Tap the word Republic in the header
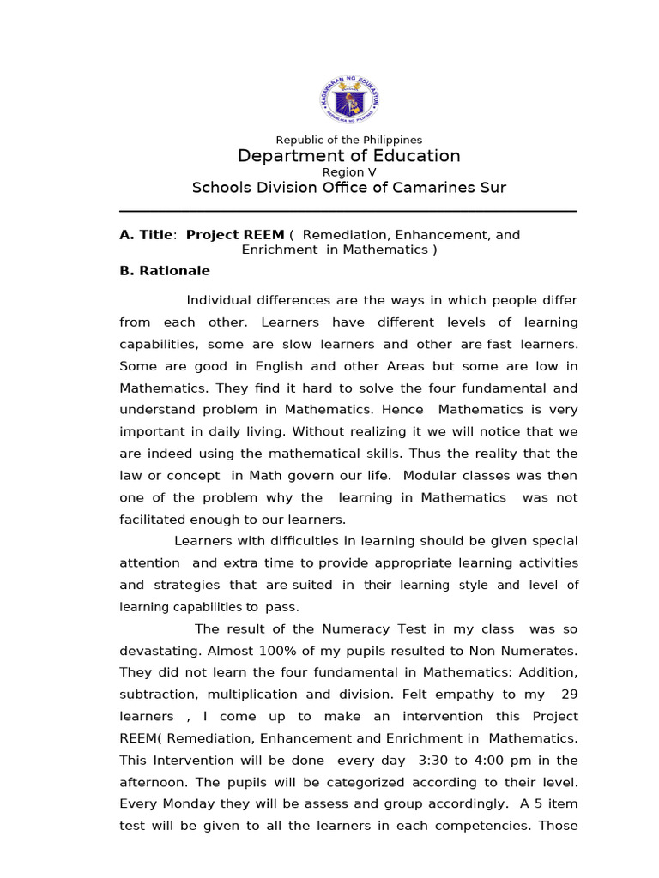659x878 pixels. [x=296, y=140]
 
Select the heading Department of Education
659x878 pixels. [x=348, y=156]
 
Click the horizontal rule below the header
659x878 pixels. [x=348, y=211]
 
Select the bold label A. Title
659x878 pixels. [x=147, y=235]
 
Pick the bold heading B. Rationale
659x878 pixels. [x=165, y=270]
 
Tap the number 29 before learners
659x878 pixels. [x=567, y=695]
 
